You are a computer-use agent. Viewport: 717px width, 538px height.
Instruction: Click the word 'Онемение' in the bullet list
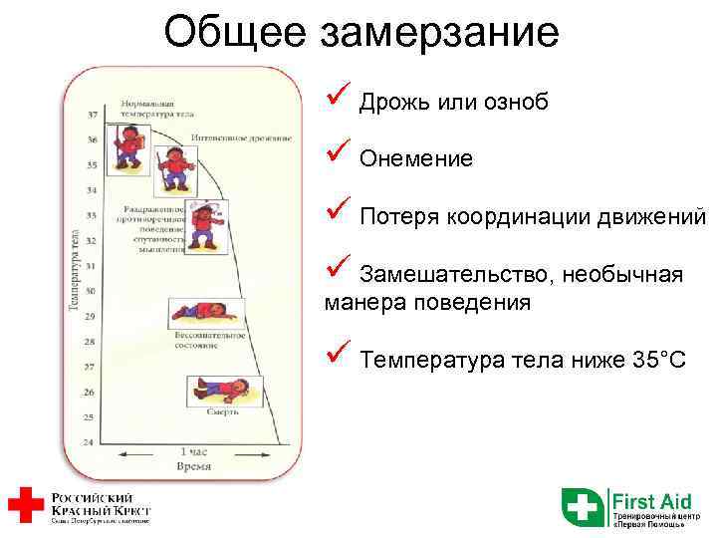(x=416, y=159)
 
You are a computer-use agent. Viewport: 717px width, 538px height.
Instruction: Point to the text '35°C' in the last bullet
(x=659, y=360)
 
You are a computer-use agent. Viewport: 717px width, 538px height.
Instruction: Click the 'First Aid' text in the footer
(x=651, y=500)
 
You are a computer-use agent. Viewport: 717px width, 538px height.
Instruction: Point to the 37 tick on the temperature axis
(x=92, y=114)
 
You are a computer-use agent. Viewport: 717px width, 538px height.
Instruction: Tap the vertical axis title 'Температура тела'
(x=76, y=269)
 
